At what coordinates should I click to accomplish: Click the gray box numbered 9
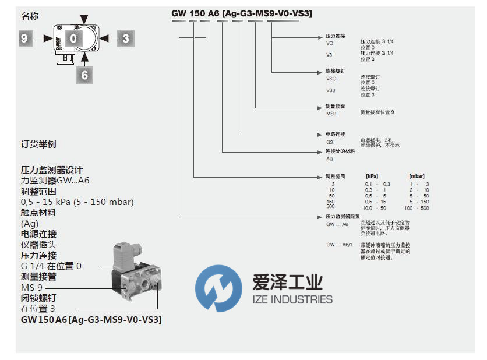click(24, 38)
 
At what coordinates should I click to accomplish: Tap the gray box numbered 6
click(85, 75)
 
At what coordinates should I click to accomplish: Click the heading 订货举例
click(38, 144)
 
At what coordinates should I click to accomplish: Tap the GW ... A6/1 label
click(338, 245)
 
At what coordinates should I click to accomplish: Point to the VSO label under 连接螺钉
click(331, 78)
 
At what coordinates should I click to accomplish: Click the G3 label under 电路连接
click(329, 142)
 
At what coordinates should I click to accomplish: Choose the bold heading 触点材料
click(38, 213)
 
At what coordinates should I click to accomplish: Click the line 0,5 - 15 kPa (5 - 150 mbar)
click(77, 202)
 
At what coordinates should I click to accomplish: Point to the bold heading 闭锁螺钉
click(38, 298)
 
